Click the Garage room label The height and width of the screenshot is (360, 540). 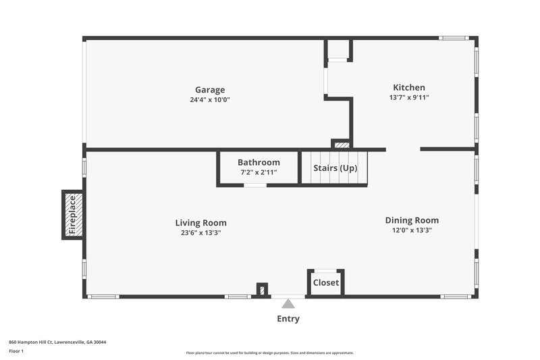pos(210,90)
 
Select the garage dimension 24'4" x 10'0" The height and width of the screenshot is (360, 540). pos(210,100)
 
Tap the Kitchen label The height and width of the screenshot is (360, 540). pos(409,87)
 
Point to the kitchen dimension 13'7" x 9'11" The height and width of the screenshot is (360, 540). pos(409,97)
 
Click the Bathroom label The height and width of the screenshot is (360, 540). pos(259,163)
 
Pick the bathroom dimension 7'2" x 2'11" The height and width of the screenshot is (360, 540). pos(259,172)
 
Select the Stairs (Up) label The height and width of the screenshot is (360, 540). pos(335,168)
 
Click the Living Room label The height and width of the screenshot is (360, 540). pos(200,223)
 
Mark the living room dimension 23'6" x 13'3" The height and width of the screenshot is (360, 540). pos(200,233)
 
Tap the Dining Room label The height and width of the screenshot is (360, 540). pos(412,220)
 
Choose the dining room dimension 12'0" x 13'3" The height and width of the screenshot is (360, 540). pos(412,230)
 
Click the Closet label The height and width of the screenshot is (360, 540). pos(325,283)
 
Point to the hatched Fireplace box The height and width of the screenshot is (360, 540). pos(74,215)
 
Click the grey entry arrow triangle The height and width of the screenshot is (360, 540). pos(288,304)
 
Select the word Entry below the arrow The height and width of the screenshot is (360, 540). pos(288,319)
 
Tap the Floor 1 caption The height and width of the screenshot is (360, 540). pos(16,351)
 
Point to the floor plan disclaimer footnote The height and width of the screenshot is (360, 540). pos(269,353)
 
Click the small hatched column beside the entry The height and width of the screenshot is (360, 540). pos(262,290)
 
